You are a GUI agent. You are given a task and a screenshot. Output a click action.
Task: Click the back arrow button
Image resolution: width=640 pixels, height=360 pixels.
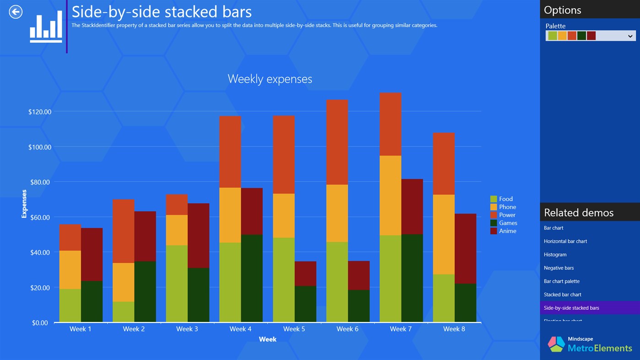coord(16,12)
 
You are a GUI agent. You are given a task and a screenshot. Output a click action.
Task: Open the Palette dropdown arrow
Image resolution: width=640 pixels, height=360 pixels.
coord(630,36)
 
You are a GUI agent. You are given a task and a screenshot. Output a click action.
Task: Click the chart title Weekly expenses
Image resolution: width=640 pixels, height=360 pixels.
coord(270,79)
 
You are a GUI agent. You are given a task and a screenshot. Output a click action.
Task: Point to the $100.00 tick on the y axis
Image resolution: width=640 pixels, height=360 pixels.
coord(40,147)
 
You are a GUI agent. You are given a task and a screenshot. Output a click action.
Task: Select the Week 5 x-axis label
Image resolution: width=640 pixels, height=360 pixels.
coord(294,329)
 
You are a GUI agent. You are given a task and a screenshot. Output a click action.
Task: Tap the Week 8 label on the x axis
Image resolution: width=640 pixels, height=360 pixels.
coord(454,329)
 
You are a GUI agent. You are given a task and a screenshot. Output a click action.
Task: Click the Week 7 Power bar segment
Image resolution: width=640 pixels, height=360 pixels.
coord(390,124)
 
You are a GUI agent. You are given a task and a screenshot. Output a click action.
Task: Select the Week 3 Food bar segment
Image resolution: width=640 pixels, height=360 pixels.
coord(177,284)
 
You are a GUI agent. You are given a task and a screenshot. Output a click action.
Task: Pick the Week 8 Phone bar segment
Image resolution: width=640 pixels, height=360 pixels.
coord(444,234)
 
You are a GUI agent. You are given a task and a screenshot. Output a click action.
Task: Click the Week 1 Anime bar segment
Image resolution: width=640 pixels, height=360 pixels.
coord(91,254)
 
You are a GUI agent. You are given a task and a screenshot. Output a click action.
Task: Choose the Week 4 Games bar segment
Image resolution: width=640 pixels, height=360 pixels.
coord(252,278)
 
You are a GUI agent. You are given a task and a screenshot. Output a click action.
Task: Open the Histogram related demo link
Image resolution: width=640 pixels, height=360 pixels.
coord(555,255)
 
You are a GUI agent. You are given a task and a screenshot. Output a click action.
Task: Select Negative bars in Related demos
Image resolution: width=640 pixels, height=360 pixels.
coord(559,268)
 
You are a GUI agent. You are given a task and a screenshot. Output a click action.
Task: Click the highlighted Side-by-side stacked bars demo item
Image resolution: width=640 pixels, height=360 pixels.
coord(571,308)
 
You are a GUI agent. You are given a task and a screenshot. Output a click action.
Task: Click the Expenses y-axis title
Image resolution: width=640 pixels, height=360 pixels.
coord(24,204)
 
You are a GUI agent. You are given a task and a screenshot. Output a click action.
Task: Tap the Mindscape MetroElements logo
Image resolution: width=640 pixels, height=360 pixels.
coord(590,344)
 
